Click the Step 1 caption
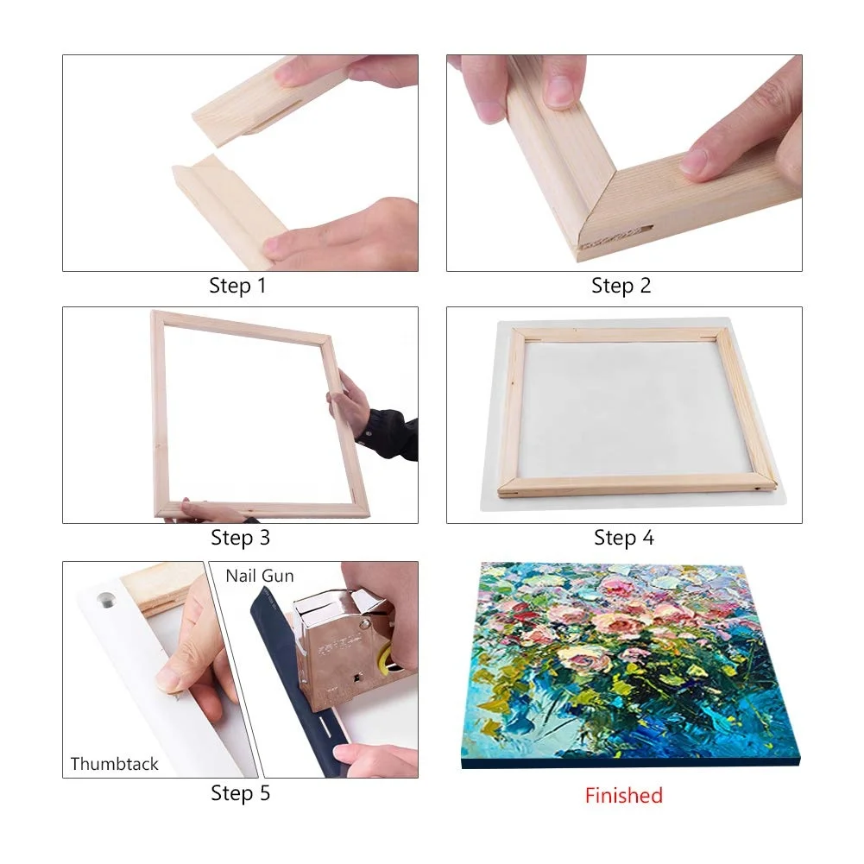click(237, 286)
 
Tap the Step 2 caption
click(621, 286)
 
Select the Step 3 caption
click(240, 538)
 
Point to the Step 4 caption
click(623, 538)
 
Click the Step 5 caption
click(240, 792)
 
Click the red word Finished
click(623, 795)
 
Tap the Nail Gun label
click(260, 576)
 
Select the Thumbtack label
click(115, 763)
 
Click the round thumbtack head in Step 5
click(108, 596)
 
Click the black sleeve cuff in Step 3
click(388, 436)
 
